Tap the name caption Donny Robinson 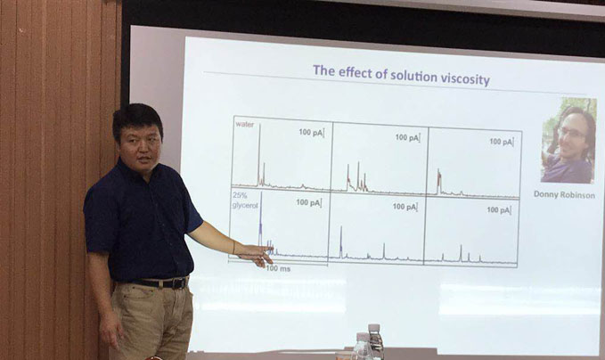[564, 194]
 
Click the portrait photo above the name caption [568, 140]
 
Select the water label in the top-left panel [245, 124]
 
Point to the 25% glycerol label [245, 201]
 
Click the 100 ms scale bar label [278, 268]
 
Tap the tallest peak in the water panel [259, 154]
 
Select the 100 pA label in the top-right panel [502, 142]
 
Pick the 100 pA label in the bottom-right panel [499, 210]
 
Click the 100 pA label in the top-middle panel [407, 137]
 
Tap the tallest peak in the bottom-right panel [461, 253]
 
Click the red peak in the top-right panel [438, 182]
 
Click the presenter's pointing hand [256, 255]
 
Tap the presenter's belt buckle [178, 283]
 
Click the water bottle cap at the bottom [374, 328]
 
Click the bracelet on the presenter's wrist [233, 247]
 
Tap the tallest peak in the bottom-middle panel [341, 241]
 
